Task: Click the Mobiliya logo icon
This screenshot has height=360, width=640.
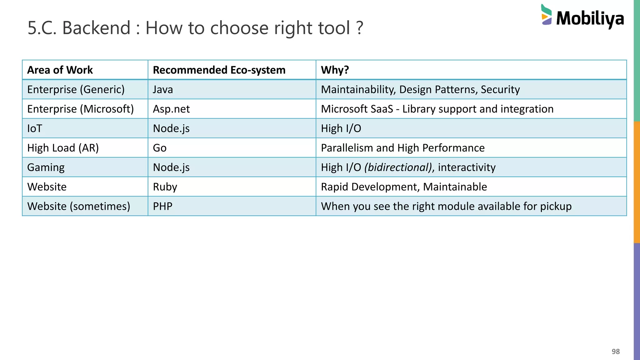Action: pyautogui.click(x=546, y=15)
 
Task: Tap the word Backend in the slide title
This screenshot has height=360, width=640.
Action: pyautogui.click(x=96, y=28)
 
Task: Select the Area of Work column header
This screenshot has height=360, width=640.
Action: pyautogui.click(x=60, y=70)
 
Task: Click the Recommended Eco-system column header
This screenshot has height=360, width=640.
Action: pyautogui.click(x=219, y=70)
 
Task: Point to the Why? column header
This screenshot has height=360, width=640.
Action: pyautogui.click(x=335, y=70)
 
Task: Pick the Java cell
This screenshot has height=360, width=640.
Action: pyautogui.click(x=163, y=90)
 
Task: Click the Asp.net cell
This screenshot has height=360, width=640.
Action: pyautogui.click(x=171, y=109)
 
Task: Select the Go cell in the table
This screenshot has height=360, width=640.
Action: pyautogui.click(x=160, y=148)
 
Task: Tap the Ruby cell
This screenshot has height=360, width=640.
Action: pyautogui.click(x=165, y=187)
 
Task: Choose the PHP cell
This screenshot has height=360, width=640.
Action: pyautogui.click(x=162, y=206)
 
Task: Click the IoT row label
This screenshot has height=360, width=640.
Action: pyautogui.click(x=34, y=128)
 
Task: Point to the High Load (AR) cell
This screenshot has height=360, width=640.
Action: pyautogui.click(x=63, y=148)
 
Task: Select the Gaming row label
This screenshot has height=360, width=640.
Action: pyautogui.click(x=46, y=167)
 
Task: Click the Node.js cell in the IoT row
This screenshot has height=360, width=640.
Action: pyautogui.click(x=171, y=128)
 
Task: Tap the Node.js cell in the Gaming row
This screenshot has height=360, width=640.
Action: pyautogui.click(x=171, y=167)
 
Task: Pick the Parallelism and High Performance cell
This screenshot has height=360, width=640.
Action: pyautogui.click(x=403, y=148)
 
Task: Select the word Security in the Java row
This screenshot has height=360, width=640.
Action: pyautogui.click(x=500, y=90)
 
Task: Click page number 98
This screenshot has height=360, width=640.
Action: pyautogui.click(x=616, y=352)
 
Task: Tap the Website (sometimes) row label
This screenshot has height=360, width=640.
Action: pyautogui.click(x=78, y=206)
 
